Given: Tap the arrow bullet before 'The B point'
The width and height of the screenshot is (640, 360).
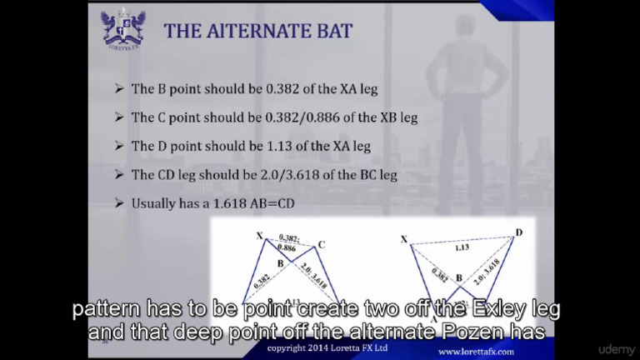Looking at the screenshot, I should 118,88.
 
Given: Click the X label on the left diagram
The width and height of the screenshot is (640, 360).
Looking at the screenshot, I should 259,235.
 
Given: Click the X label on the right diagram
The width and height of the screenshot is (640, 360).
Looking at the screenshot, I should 404,239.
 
